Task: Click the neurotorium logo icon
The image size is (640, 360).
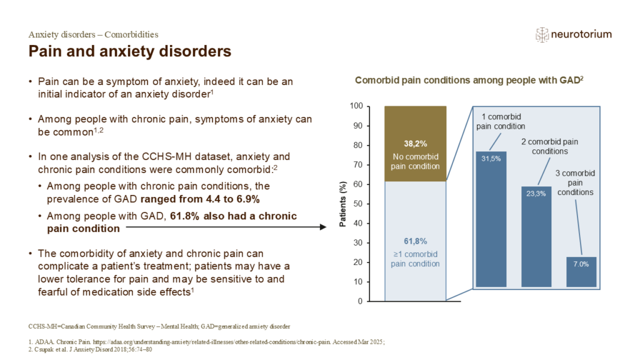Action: pyautogui.click(x=542, y=34)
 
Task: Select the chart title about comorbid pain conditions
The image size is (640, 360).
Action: pyautogui.click(x=469, y=80)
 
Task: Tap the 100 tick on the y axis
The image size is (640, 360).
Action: pyautogui.click(x=356, y=106)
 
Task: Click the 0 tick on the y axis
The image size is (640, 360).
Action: pyautogui.click(x=359, y=301)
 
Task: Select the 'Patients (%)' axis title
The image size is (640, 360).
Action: pyautogui.click(x=343, y=204)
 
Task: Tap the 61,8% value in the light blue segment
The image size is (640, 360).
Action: pyautogui.click(x=414, y=241)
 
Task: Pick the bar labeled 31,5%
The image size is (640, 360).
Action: pyautogui.click(x=491, y=219)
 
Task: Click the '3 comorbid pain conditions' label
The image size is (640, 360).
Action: pyautogui.click(x=576, y=182)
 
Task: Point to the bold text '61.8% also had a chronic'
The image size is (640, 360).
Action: pyautogui.click(x=233, y=216)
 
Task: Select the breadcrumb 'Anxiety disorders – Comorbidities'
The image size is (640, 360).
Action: pyautogui.click(x=93, y=34)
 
